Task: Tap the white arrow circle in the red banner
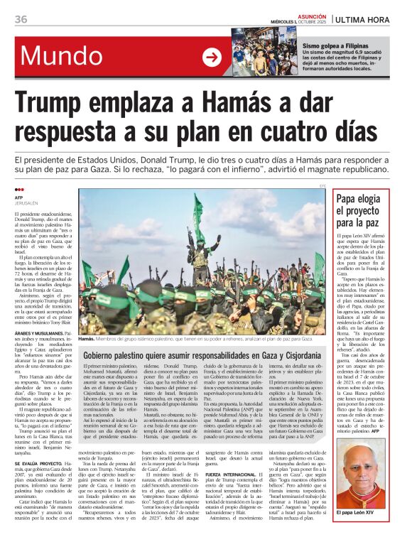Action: click(x=212, y=57)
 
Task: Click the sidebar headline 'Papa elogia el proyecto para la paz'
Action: click(x=364, y=212)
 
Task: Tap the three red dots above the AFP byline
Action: click(x=19, y=190)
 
